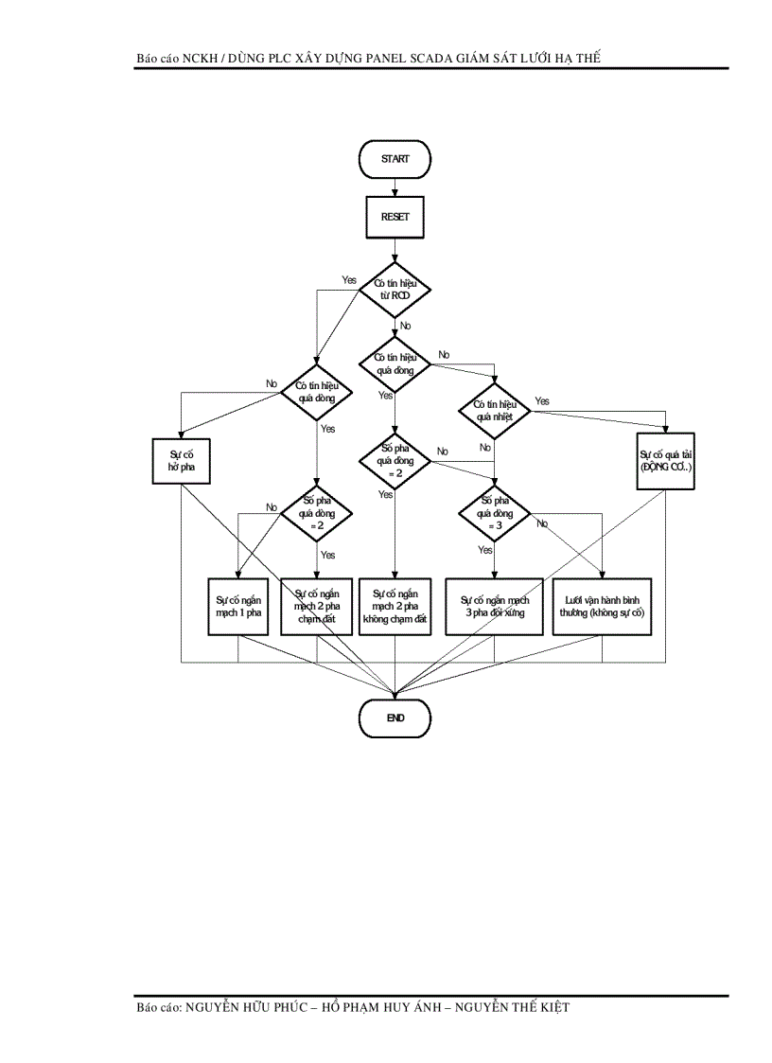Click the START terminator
coord(395,159)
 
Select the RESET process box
coord(395,217)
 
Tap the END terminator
coord(395,718)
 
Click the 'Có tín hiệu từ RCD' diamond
coord(395,289)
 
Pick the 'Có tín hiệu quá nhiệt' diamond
coord(495,410)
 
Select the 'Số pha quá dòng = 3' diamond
coord(495,513)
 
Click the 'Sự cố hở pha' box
coord(181,461)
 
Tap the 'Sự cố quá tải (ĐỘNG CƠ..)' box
coord(666,461)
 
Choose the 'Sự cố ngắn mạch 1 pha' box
coord(237,606)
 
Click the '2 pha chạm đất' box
coord(316,606)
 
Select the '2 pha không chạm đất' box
coord(395,606)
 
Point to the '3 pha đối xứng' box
coord(495,606)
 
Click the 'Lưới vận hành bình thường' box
coord(603,606)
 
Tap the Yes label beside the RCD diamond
coord(349,280)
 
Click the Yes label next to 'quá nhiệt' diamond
coord(541,401)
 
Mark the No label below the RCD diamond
coord(406,326)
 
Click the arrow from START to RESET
coord(395,187)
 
